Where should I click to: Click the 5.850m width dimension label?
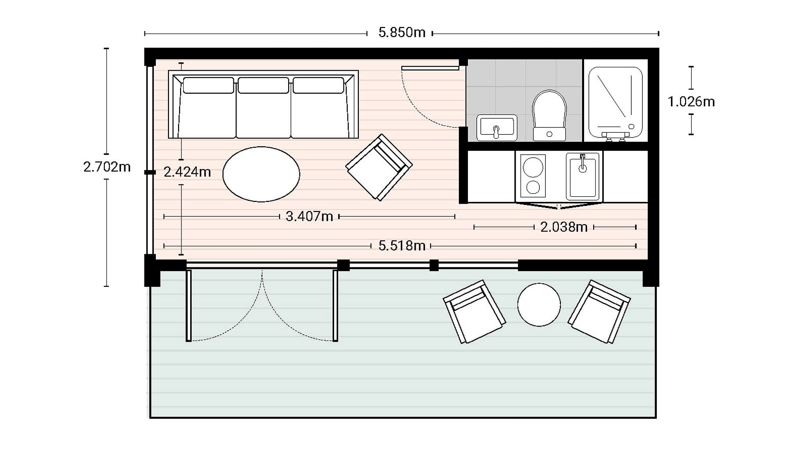coord(402,33)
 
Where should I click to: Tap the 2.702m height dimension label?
coord(107,167)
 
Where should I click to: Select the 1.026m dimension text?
coord(691,102)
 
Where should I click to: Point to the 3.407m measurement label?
coord(309,216)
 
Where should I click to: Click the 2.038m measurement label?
coord(564,227)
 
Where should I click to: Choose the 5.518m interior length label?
coord(402,246)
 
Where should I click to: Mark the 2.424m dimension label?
coord(187,172)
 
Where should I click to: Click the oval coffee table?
coord(261,174)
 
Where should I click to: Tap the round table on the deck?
coord(539,305)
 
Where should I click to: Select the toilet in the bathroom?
coord(549,116)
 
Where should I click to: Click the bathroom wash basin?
coord(497,128)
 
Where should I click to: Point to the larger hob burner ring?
coord(533,167)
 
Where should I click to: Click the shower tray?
coord(615,102)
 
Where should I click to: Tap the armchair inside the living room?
coord(379,167)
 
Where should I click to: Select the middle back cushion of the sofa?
coord(263,85)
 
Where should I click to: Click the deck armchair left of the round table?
coord(474,312)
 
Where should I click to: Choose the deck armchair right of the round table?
coord(599,312)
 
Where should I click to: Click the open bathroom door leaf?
coord(430,68)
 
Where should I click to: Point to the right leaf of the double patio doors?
coord(335,306)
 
